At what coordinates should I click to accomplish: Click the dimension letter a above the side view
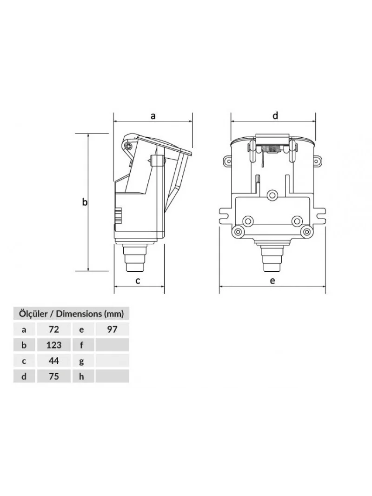tap(153, 116)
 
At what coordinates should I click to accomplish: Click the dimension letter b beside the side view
tap(84, 201)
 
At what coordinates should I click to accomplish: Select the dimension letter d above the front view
tap(275, 115)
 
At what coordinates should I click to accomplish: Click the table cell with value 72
tap(54, 329)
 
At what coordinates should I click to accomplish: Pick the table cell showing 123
tap(54, 345)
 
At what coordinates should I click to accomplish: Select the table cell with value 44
tap(54, 361)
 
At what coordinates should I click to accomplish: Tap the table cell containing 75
tap(54, 376)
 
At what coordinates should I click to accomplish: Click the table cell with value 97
tap(112, 329)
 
